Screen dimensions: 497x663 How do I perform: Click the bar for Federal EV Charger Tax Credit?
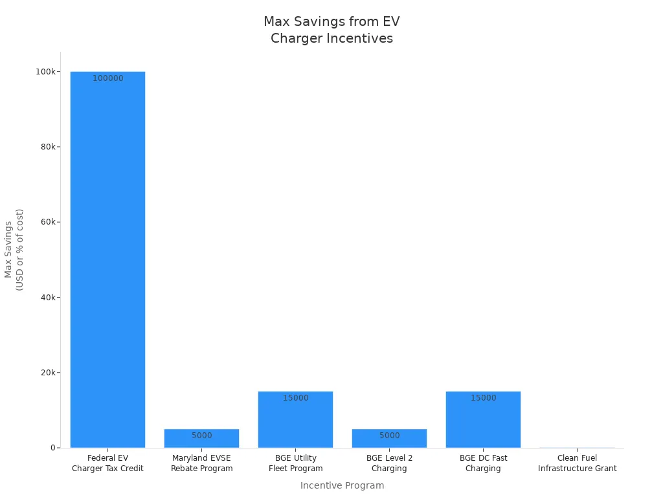tap(107, 259)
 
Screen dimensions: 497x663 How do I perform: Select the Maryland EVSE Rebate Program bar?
tap(201, 439)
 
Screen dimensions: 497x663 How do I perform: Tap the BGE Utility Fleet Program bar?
tap(295, 421)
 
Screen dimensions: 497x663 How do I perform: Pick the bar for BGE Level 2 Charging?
tap(389, 439)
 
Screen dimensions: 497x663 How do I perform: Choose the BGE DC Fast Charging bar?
tap(483, 421)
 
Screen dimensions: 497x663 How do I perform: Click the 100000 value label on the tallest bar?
tap(107, 78)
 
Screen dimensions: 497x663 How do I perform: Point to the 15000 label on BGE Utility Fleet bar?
tap(295, 398)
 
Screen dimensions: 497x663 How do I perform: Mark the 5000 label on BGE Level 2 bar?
tap(389, 436)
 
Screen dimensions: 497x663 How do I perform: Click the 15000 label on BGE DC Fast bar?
tap(483, 398)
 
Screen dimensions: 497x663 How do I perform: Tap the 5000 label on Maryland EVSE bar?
tap(201, 436)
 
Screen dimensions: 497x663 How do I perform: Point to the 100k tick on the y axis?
tap(45, 71)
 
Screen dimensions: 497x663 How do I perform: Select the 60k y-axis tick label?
tap(47, 222)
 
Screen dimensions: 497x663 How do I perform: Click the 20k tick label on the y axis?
tap(47, 373)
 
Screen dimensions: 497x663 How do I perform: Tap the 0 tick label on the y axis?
tap(53, 448)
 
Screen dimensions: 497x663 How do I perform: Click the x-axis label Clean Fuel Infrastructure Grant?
tap(577, 463)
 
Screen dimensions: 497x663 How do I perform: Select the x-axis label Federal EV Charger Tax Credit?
tap(107, 463)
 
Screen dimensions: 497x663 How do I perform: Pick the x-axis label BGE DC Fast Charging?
tap(483, 463)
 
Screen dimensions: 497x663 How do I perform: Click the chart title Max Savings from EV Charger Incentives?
tap(331, 30)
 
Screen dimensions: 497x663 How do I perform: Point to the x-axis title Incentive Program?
tap(342, 485)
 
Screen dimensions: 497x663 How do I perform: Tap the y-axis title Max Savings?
tap(14, 249)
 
